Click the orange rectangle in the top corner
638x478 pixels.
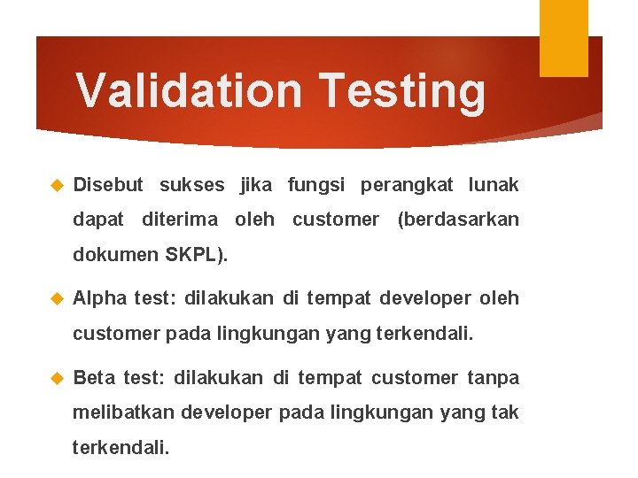pyautogui.click(x=564, y=37)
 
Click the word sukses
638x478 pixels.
pyautogui.click(x=191, y=185)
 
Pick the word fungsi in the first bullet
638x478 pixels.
pyautogui.click(x=319, y=185)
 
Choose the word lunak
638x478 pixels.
pyautogui.click(x=494, y=185)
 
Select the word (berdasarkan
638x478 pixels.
pyautogui.click(x=458, y=220)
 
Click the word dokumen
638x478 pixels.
pyautogui.click(x=115, y=255)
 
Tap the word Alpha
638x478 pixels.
pyautogui.click(x=99, y=299)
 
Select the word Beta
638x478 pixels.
pyautogui.click(x=94, y=379)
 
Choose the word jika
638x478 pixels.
pyautogui.click(x=257, y=185)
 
